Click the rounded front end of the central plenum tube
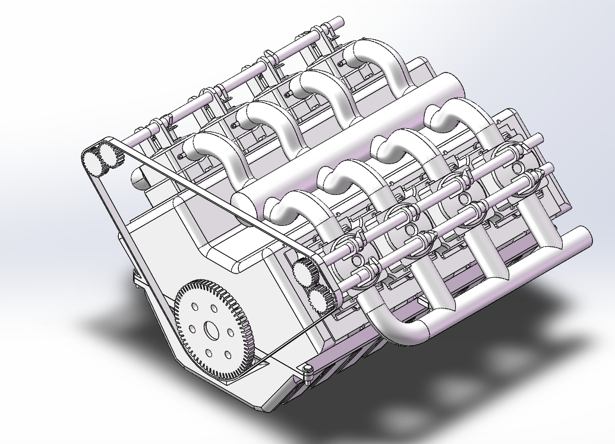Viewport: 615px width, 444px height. pos(242,202)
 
